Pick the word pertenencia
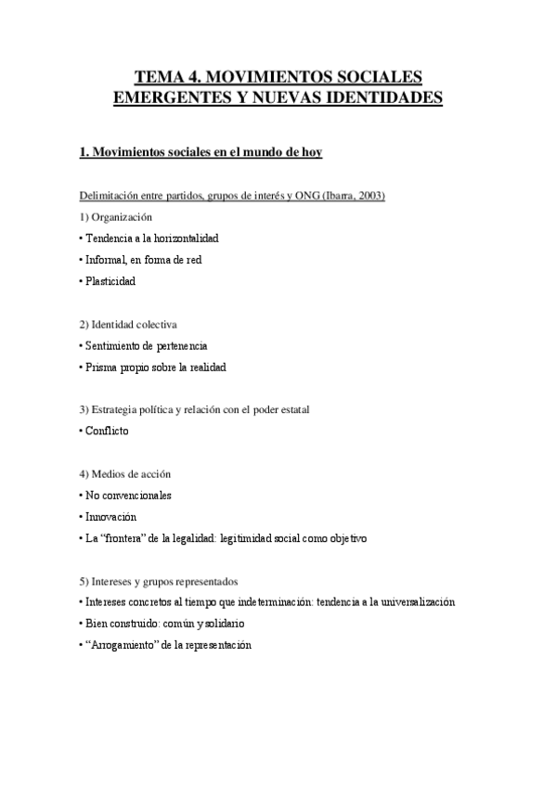(x=175, y=345)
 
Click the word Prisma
(x=101, y=367)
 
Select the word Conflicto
(x=108, y=431)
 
